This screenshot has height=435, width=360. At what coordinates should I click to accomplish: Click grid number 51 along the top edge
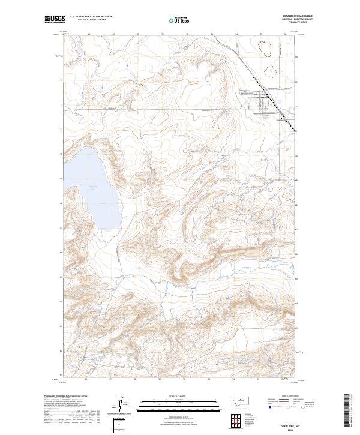pos(163,34)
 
